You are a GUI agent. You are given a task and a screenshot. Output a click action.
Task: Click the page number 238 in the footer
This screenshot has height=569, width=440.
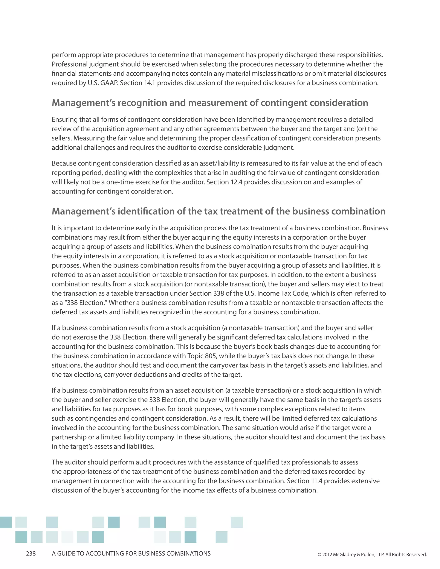tap(31, 553)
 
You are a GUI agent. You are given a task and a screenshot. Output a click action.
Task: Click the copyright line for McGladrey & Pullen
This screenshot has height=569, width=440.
tap(372, 554)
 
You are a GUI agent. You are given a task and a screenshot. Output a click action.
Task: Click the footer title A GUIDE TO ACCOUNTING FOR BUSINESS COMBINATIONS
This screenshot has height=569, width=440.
tap(131, 553)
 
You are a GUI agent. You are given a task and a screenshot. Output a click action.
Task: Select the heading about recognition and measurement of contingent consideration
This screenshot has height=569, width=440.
tap(210, 103)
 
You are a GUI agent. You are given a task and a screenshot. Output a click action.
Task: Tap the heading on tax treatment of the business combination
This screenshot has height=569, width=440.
tap(218, 211)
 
